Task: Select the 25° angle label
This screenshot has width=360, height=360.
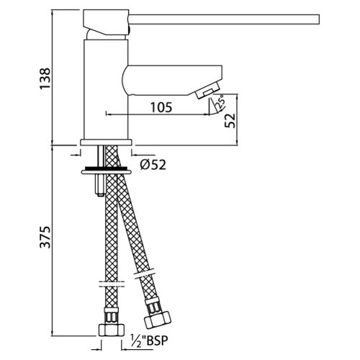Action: [216, 106]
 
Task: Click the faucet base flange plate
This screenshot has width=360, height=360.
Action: [107, 143]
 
